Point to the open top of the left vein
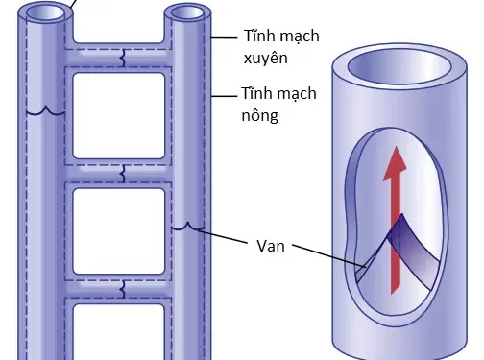pyautogui.click(x=39, y=14)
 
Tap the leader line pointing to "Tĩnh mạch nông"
pyautogui.click(x=226, y=95)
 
